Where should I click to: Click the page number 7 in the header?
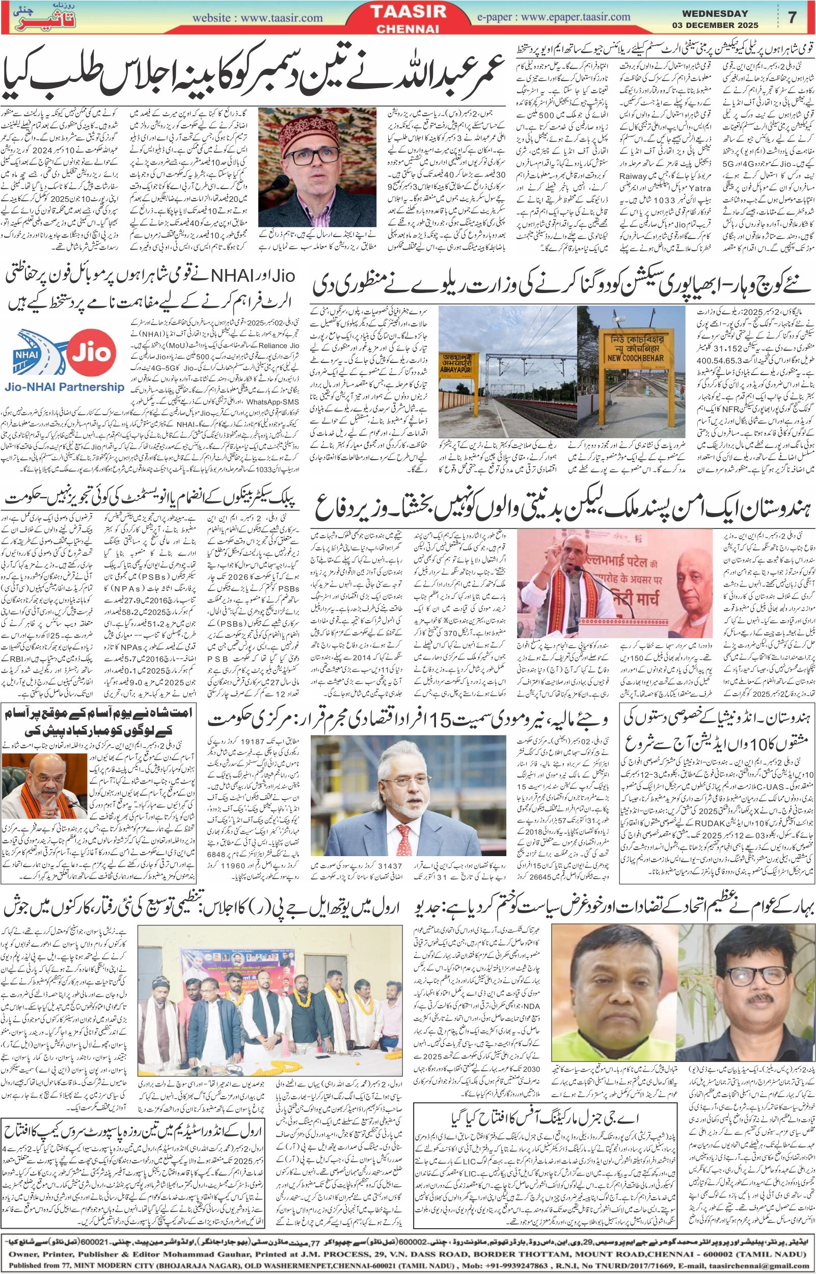tap(792, 17)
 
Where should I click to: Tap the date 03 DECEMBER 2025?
tap(715, 25)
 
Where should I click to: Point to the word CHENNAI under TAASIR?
tap(407, 29)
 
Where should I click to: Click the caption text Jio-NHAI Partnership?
tap(64, 387)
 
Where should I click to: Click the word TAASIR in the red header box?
tap(407, 12)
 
